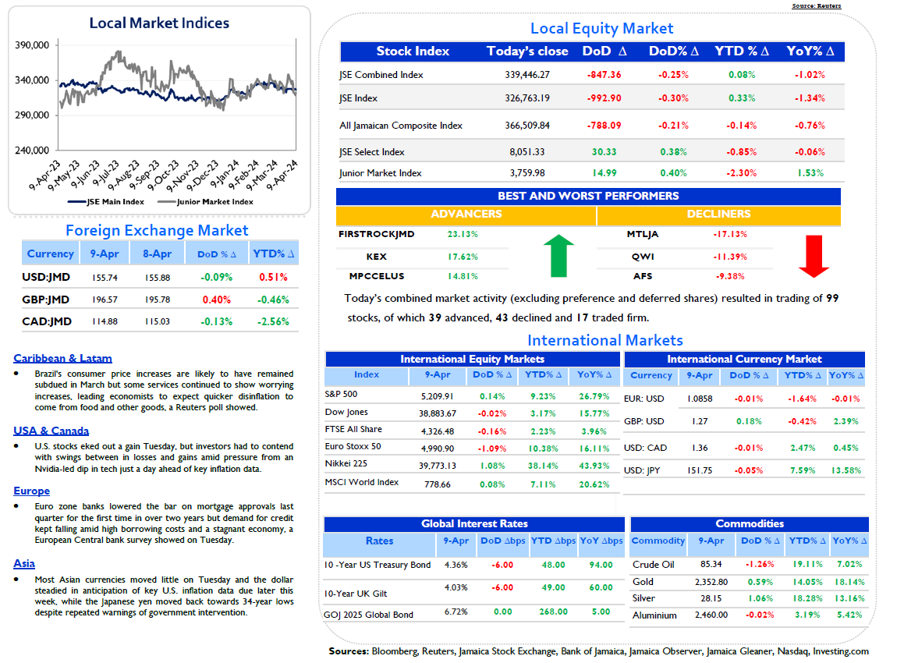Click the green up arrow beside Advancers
pyautogui.click(x=558, y=256)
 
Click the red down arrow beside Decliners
pyautogui.click(x=814, y=257)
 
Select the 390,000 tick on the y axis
pyautogui.click(x=32, y=45)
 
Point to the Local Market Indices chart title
pyautogui.click(x=159, y=23)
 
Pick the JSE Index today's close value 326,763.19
pyautogui.click(x=526, y=97)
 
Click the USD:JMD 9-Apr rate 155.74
pyautogui.click(x=105, y=278)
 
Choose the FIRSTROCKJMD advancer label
pyautogui.click(x=377, y=234)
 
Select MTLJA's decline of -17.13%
pyautogui.click(x=730, y=234)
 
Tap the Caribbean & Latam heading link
pyautogui.click(x=63, y=358)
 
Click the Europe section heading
pyautogui.click(x=31, y=491)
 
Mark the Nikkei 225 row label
pyautogui.click(x=346, y=463)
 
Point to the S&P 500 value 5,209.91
pyautogui.click(x=437, y=396)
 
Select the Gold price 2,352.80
pyautogui.click(x=711, y=582)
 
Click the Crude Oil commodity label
pyautogui.click(x=654, y=565)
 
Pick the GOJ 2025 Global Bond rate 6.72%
pyautogui.click(x=456, y=612)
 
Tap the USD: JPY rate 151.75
pyautogui.click(x=700, y=470)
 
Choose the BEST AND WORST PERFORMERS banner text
pyautogui.click(x=588, y=196)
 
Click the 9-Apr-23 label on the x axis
pyautogui.click(x=44, y=175)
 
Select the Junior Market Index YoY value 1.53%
pyautogui.click(x=810, y=172)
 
